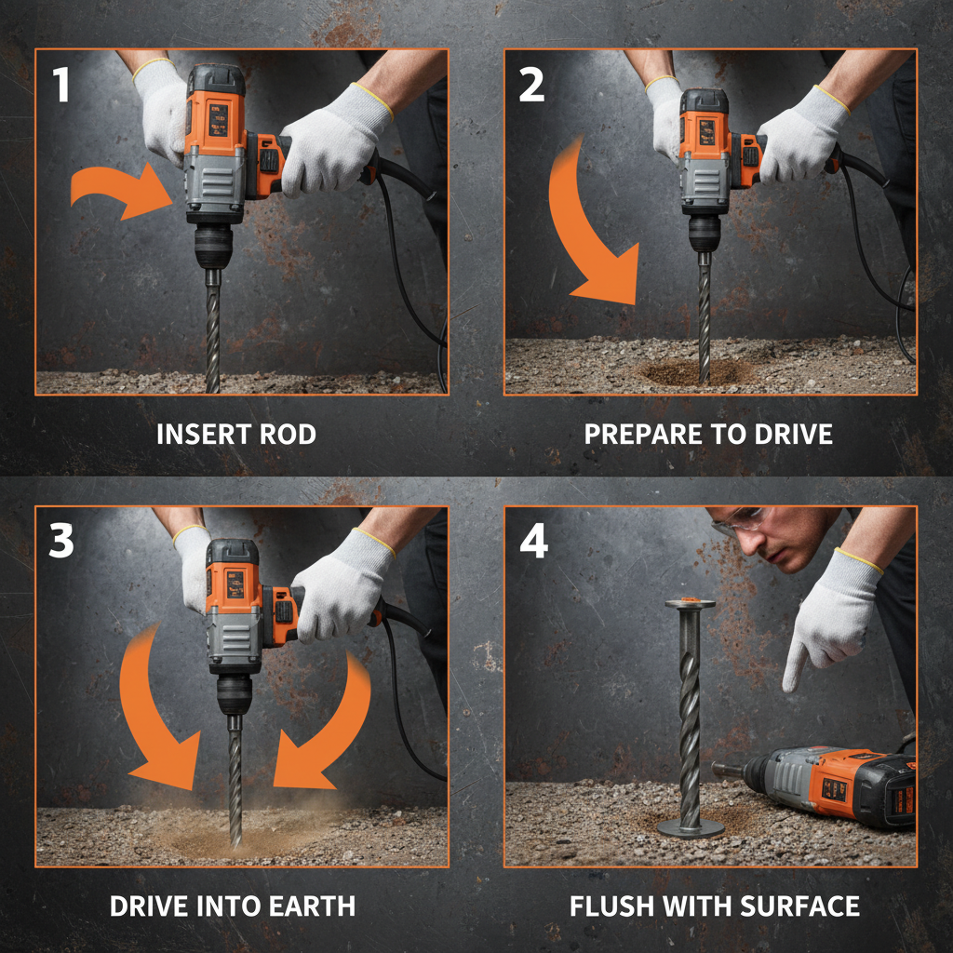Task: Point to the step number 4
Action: [x=532, y=542]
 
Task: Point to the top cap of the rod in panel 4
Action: [x=690, y=604]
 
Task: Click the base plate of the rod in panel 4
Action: [x=690, y=827]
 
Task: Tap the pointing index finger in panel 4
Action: [x=794, y=666]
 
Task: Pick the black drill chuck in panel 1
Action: [x=213, y=248]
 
